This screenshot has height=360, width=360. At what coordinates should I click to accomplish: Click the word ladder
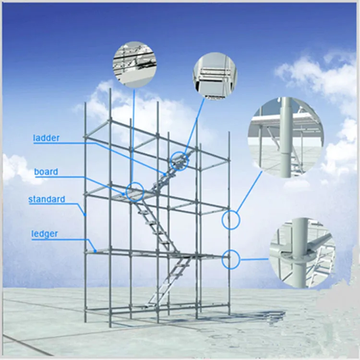click(46, 138)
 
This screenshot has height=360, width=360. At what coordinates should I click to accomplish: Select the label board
click(46, 172)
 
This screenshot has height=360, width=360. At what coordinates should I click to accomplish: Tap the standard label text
click(47, 199)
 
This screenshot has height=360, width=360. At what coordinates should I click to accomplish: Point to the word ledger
click(45, 234)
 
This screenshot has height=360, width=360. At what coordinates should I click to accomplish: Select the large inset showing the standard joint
click(286, 136)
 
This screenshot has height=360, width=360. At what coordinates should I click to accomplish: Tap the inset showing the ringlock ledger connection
click(301, 253)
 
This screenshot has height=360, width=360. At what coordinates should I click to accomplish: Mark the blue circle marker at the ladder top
click(179, 162)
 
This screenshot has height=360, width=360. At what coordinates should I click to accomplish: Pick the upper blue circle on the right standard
click(230, 220)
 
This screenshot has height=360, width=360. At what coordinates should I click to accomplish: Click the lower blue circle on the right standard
click(230, 259)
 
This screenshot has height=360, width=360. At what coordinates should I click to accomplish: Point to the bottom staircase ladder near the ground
click(166, 283)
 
